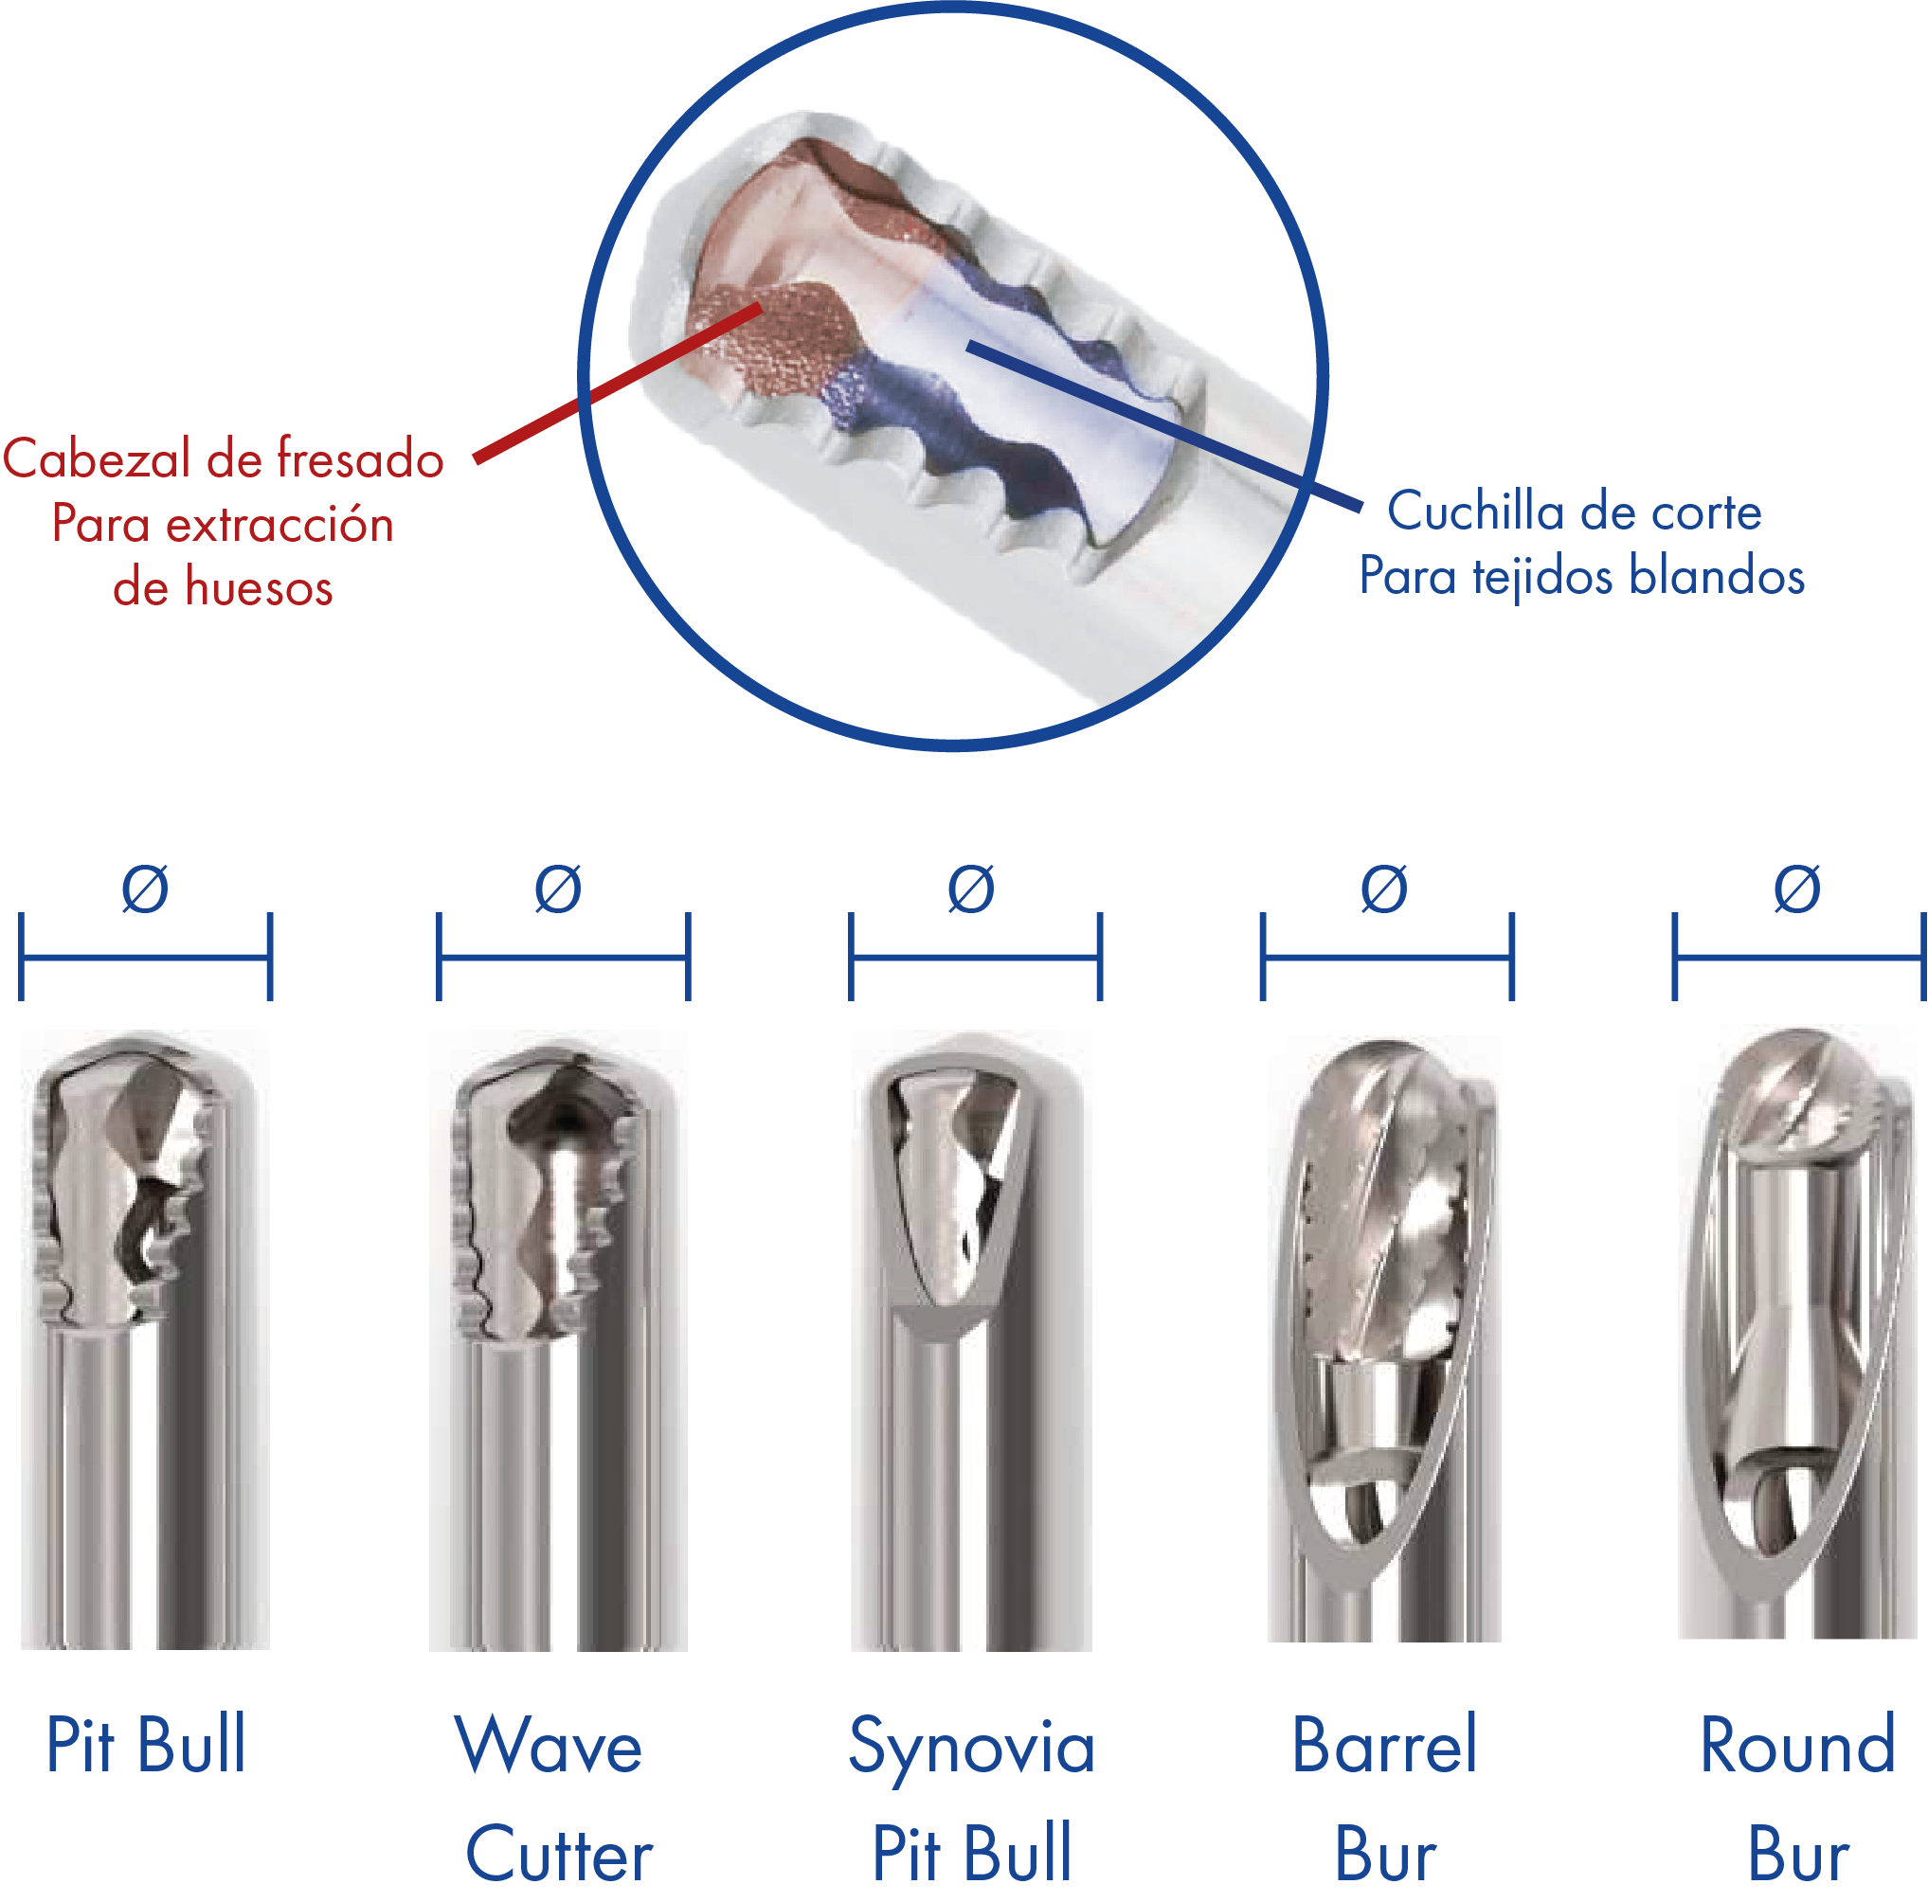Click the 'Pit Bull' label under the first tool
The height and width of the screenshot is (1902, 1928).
pos(146,1746)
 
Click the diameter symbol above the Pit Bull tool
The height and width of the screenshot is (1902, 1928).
pos(145,888)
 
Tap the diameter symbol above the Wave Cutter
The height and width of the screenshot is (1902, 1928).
pos(558,888)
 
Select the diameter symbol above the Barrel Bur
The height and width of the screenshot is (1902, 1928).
pos(1384,888)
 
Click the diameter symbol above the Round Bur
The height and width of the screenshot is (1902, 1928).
pos(1797,888)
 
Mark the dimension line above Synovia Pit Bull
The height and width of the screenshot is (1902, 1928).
pos(975,958)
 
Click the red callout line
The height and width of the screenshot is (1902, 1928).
pos(618,384)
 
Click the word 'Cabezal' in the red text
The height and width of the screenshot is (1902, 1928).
pos(97,459)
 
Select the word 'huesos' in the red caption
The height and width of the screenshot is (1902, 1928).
pos(260,586)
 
